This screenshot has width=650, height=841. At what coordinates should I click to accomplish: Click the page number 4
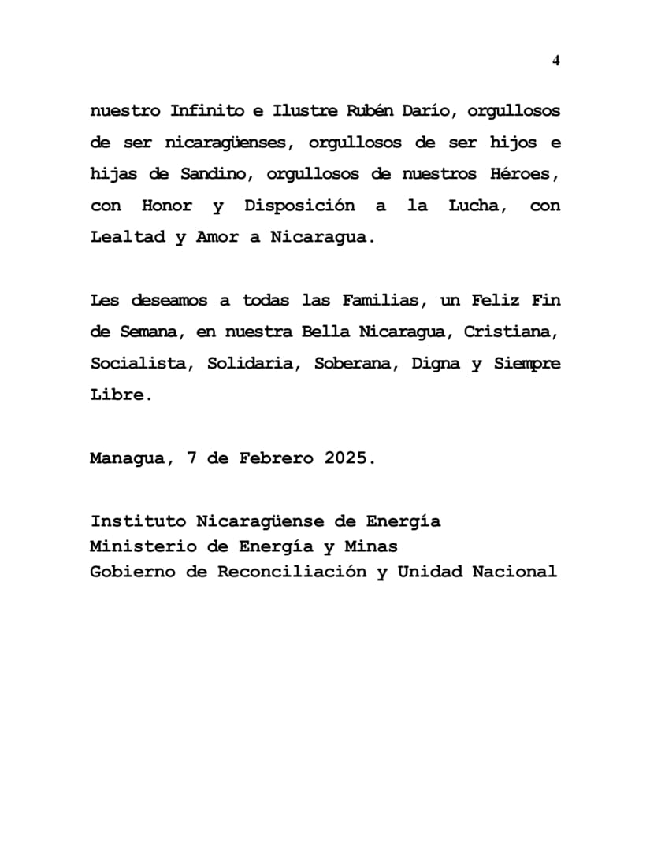click(x=556, y=61)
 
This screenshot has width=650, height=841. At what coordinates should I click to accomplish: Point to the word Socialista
click(x=139, y=363)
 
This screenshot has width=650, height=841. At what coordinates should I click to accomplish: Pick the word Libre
click(x=119, y=395)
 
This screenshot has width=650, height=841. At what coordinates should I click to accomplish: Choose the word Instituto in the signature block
click(x=139, y=521)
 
